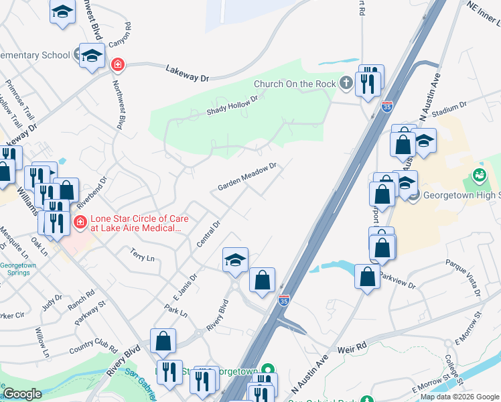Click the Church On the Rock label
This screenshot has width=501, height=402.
point(294,84)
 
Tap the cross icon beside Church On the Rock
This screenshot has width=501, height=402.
point(346,83)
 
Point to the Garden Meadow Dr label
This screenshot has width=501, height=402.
point(247,176)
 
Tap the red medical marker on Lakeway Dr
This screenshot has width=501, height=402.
point(117,64)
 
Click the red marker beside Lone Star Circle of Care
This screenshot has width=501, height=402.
point(80,222)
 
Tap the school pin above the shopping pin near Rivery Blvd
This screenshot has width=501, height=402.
point(235,260)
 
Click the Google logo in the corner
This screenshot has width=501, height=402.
point(22,394)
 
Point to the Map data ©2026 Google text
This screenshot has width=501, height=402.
point(460,397)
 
